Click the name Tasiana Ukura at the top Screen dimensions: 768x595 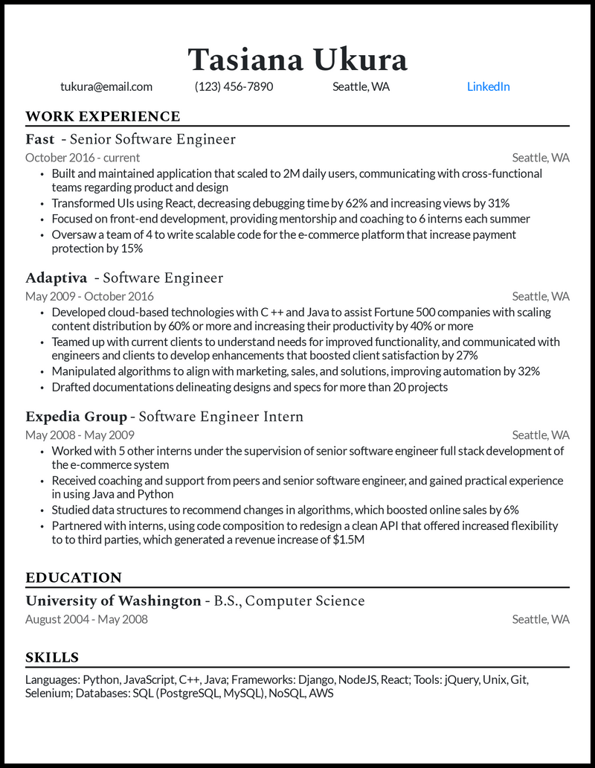click(297, 59)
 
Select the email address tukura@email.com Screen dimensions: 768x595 click(106, 86)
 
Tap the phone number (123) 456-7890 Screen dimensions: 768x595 click(234, 86)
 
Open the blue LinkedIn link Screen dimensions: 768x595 click(488, 86)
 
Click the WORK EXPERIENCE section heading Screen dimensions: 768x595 click(103, 116)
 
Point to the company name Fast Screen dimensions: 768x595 click(40, 139)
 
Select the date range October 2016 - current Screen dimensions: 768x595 click(83, 158)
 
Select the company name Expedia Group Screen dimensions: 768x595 click(76, 417)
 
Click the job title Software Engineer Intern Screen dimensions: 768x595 click(221, 417)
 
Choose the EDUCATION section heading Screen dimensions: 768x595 click(74, 577)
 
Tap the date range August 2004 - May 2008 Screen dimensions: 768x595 click(86, 619)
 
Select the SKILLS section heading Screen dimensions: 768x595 click(52, 657)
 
